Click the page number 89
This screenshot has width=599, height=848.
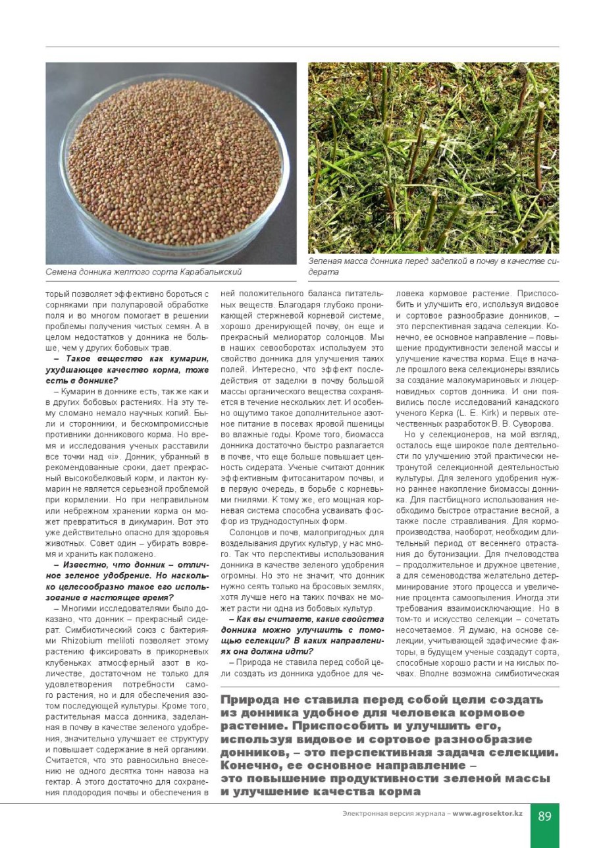(544, 816)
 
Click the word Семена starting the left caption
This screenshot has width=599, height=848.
(61, 271)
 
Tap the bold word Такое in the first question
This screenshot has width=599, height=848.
(80, 359)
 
